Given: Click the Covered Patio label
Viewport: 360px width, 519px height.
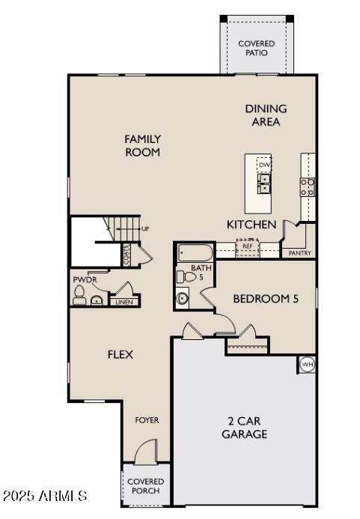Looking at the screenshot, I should click(257, 48).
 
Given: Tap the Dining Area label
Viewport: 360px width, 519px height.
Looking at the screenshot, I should click(266, 115).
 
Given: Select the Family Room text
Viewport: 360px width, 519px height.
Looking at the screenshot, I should click(142, 145).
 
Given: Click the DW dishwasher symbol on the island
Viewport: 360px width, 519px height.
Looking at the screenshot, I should click(263, 165).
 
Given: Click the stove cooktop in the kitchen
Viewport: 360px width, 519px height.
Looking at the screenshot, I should click(308, 186).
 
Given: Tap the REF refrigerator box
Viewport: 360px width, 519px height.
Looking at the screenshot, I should click(247, 246).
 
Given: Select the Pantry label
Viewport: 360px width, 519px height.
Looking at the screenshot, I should click(299, 253).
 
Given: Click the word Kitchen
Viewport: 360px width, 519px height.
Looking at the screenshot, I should click(251, 225).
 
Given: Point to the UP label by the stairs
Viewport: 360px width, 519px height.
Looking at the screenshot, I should click(144, 228).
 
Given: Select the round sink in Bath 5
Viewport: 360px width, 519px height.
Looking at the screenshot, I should click(184, 298).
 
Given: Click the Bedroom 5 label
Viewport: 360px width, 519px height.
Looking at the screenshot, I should click(266, 299).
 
